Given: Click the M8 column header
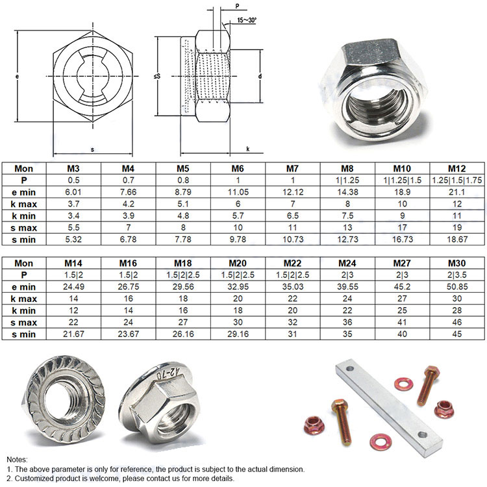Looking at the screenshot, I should (347, 169).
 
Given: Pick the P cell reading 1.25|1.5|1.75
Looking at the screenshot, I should (456, 181).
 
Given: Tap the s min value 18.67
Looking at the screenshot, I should (456, 239).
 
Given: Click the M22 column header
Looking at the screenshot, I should (292, 263).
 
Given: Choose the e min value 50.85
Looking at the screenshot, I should (456, 286).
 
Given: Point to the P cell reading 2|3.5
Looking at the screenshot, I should (456, 275).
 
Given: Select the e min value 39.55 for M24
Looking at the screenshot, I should (347, 286).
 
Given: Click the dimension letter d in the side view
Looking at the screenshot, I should (260, 77).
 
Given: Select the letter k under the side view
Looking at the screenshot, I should (248, 149).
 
